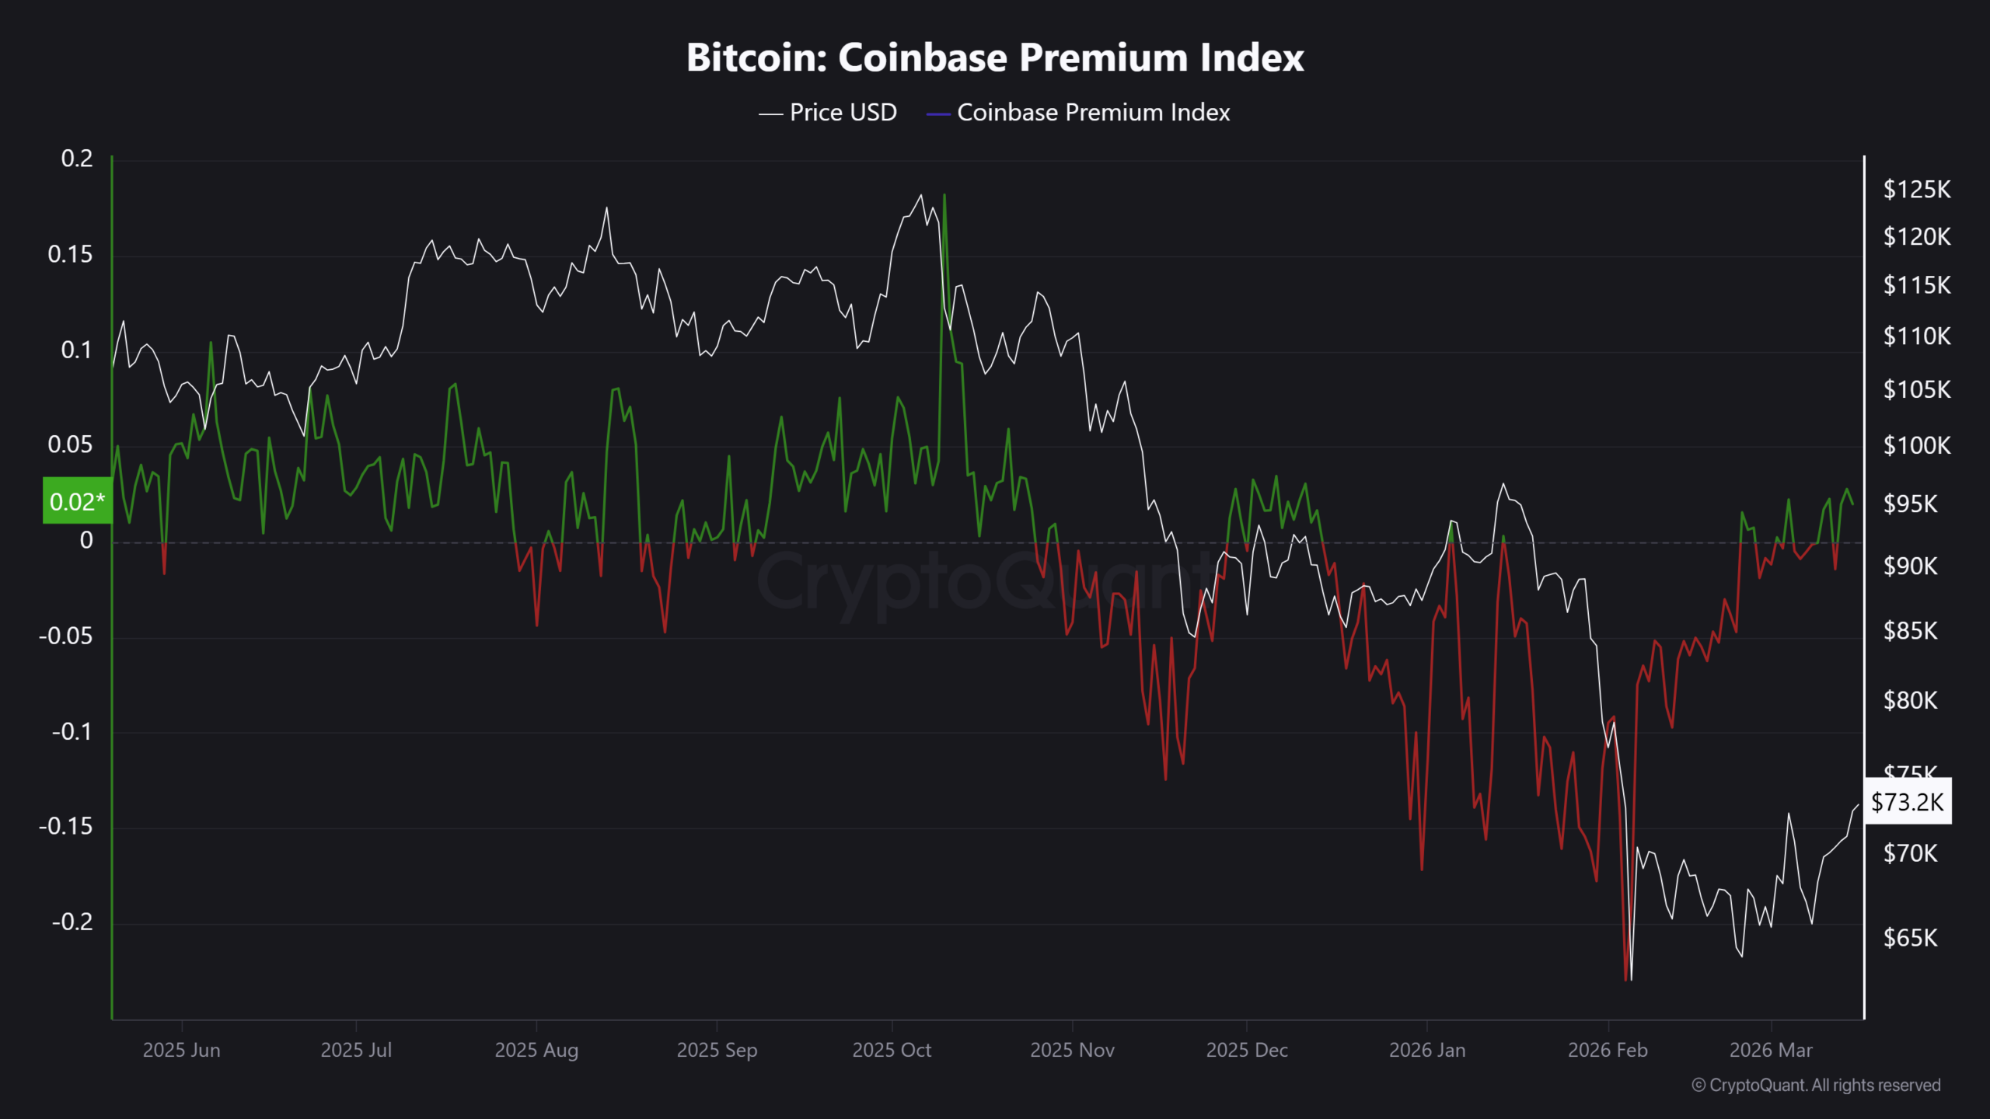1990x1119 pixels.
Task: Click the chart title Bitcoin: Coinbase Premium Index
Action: click(995, 58)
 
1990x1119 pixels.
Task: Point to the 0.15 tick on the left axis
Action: click(70, 254)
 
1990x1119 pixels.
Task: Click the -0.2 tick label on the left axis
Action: click(72, 922)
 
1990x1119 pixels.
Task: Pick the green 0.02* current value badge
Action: click(77, 501)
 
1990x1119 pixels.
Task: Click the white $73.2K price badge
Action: click(1907, 801)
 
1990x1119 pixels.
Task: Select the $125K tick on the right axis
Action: click(1916, 190)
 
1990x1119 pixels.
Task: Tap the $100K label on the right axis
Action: click(1916, 445)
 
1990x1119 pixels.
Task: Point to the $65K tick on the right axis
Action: click(1910, 938)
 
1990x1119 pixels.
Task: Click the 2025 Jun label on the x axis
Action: click(181, 1050)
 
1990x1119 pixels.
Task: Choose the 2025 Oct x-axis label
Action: click(892, 1050)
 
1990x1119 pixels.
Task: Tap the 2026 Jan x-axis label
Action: click(1427, 1050)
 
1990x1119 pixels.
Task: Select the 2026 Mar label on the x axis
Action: click(1771, 1050)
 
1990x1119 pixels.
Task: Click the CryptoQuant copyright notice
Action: click(1816, 1085)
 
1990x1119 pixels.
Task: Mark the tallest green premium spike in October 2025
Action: click(944, 195)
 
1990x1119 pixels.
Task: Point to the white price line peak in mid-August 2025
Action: click(606, 207)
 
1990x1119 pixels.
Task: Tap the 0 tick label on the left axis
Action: click(86, 540)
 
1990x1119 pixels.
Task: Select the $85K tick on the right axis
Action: click(1910, 630)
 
